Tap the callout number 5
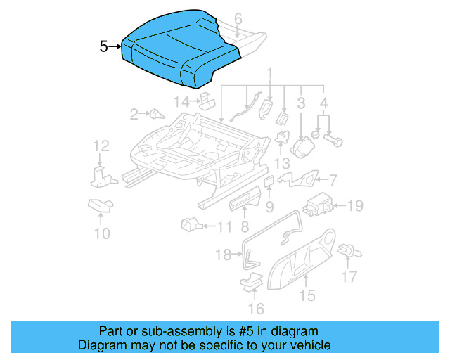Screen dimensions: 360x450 (x=104, y=47)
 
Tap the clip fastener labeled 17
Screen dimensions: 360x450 (x=347, y=250)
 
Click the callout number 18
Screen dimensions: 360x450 (x=223, y=255)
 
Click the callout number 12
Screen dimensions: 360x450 (x=102, y=146)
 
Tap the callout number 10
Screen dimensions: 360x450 (x=102, y=233)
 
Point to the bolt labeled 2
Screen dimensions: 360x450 (x=154, y=112)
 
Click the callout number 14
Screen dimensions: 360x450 (x=182, y=102)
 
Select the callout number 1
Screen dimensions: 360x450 (x=269, y=72)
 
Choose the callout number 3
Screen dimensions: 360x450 (x=301, y=104)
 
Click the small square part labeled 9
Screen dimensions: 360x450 (x=269, y=182)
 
